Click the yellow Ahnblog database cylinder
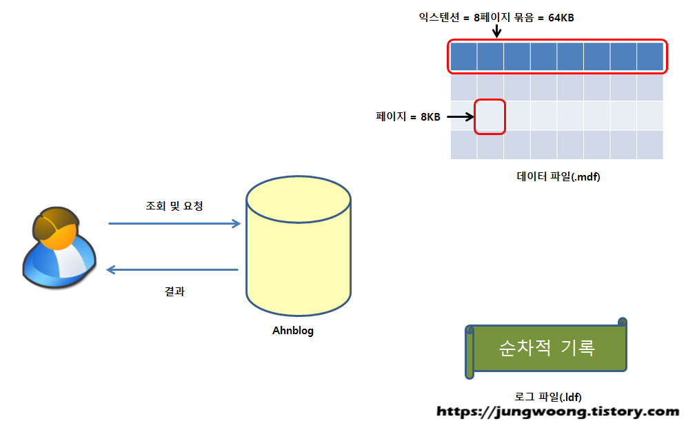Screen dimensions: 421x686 299,255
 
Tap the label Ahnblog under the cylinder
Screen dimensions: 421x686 293,331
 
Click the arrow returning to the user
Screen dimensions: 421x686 172,270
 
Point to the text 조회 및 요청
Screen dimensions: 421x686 174,205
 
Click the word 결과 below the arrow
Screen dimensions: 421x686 174,291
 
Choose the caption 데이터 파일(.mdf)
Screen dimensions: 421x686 558,176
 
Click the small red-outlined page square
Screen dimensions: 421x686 490,116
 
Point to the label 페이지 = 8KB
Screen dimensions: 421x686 407,116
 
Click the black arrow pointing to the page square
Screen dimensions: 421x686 460,116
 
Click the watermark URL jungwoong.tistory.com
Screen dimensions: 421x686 558,412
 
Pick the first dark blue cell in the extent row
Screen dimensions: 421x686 464,57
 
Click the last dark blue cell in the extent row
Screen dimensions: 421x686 649,57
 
